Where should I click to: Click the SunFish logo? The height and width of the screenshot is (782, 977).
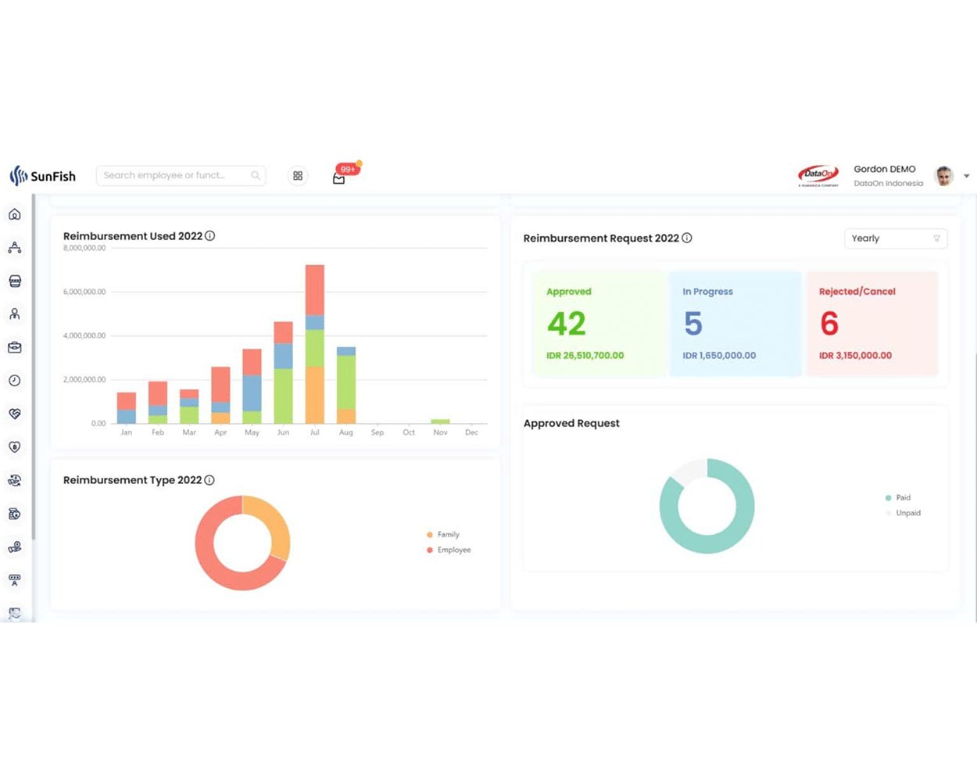tap(43, 176)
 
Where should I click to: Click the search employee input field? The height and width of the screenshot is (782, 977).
tap(176, 176)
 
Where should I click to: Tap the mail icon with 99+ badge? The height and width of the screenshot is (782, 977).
tap(339, 178)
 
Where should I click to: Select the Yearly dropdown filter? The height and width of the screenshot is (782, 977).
tap(896, 239)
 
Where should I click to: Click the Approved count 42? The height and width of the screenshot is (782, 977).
tap(567, 324)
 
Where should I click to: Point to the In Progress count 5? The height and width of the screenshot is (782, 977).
tap(693, 324)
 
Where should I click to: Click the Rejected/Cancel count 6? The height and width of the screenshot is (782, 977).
tap(829, 324)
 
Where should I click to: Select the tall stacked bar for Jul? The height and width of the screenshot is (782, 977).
tap(315, 344)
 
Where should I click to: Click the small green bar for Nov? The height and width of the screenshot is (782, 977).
tap(440, 421)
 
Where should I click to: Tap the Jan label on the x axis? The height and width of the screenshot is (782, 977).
tap(127, 432)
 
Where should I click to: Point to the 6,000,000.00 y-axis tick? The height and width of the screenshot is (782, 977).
tap(84, 292)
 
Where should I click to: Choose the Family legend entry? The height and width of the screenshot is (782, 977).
tap(448, 535)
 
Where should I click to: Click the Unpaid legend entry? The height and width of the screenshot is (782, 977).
tap(908, 513)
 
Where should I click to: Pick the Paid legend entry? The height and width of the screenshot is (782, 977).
tap(903, 497)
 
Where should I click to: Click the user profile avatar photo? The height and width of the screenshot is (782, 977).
tap(944, 176)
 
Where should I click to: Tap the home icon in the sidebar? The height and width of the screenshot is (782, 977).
tap(15, 214)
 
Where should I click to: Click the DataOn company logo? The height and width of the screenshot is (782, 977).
tap(818, 176)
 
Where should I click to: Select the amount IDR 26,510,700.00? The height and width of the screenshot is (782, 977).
tap(585, 356)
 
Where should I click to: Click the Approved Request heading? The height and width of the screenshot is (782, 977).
tap(571, 423)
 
